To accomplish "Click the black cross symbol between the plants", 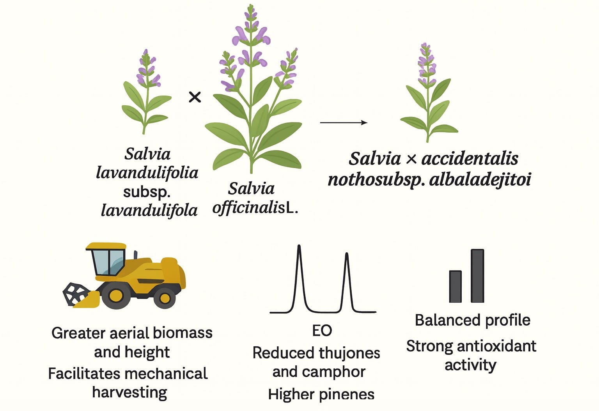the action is (195, 97).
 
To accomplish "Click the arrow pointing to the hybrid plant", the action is (343, 122).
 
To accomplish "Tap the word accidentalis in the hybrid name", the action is (470, 159).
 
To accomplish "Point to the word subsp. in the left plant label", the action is (147, 192).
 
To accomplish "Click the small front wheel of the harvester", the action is (165, 299).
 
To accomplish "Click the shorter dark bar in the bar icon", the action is (455, 287).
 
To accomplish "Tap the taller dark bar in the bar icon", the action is (477, 276).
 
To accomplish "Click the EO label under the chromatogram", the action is (322, 331).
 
